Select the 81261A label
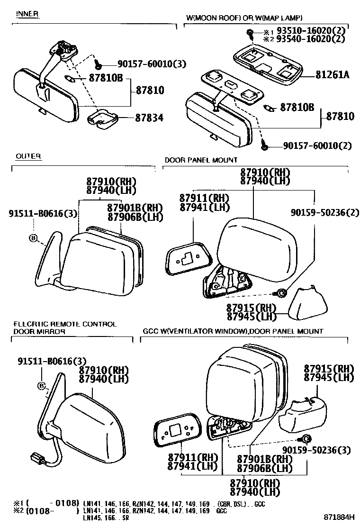(x=332, y=74)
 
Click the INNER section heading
(x=27, y=14)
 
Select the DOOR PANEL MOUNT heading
(x=201, y=160)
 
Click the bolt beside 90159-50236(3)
(x=306, y=437)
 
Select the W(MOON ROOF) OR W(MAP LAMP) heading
(x=244, y=18)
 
